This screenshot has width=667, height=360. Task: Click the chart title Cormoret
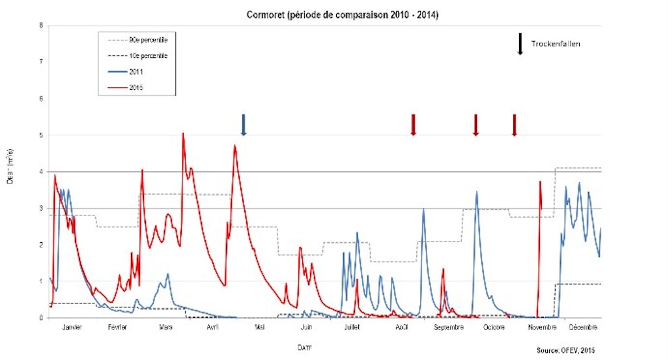343,14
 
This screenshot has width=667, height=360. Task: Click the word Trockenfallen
555,44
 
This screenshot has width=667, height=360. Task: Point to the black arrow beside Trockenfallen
520,44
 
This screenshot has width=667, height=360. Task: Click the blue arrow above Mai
244,124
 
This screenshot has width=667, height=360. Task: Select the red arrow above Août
413,124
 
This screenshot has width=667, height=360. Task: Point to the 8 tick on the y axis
41,26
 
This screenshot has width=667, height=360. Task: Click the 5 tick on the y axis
41,135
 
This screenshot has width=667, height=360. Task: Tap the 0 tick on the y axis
41,318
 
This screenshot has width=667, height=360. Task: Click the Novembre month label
542,327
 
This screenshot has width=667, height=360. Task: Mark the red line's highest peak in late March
183,134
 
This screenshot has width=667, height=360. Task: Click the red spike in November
540,184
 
